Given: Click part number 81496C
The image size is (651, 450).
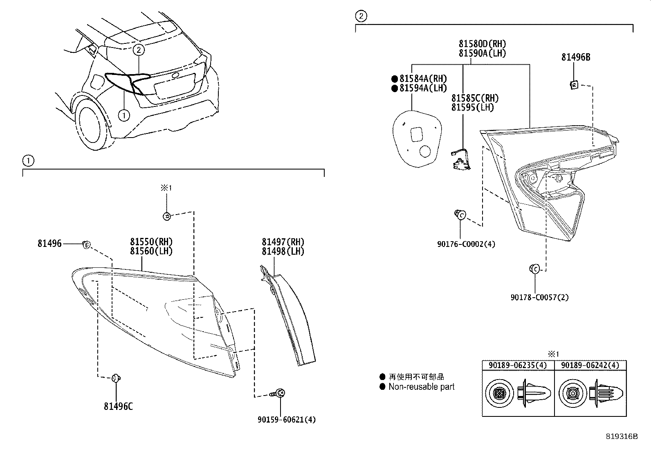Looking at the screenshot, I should click(x=118, y=406).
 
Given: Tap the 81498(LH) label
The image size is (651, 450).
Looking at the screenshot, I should click(x=283, y=251).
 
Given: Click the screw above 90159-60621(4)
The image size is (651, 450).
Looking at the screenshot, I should click(x=280, y=393).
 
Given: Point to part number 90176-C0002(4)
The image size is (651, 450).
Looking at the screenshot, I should click(x=466, y=244).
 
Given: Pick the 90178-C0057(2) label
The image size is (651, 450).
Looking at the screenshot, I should click(x=539, y=297).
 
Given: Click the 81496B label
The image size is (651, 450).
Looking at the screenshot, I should click(x=575, y=57).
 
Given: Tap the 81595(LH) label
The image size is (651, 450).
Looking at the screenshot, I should click(x=472, y=108).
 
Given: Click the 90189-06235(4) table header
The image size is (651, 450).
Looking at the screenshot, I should click(x=518, y=365).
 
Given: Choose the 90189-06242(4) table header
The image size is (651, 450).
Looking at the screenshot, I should click(x=590, y=365).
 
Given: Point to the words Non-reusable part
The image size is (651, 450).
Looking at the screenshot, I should click(x=421, y=387).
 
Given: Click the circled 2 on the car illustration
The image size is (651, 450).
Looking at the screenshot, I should click(x=139, y=50).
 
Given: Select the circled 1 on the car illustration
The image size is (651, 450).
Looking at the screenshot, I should click(x=124, y=115).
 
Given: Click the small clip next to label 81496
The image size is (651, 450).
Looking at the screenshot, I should click(x=86, y=244).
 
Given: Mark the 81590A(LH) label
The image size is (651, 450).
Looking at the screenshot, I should click(x=482, y=53).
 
